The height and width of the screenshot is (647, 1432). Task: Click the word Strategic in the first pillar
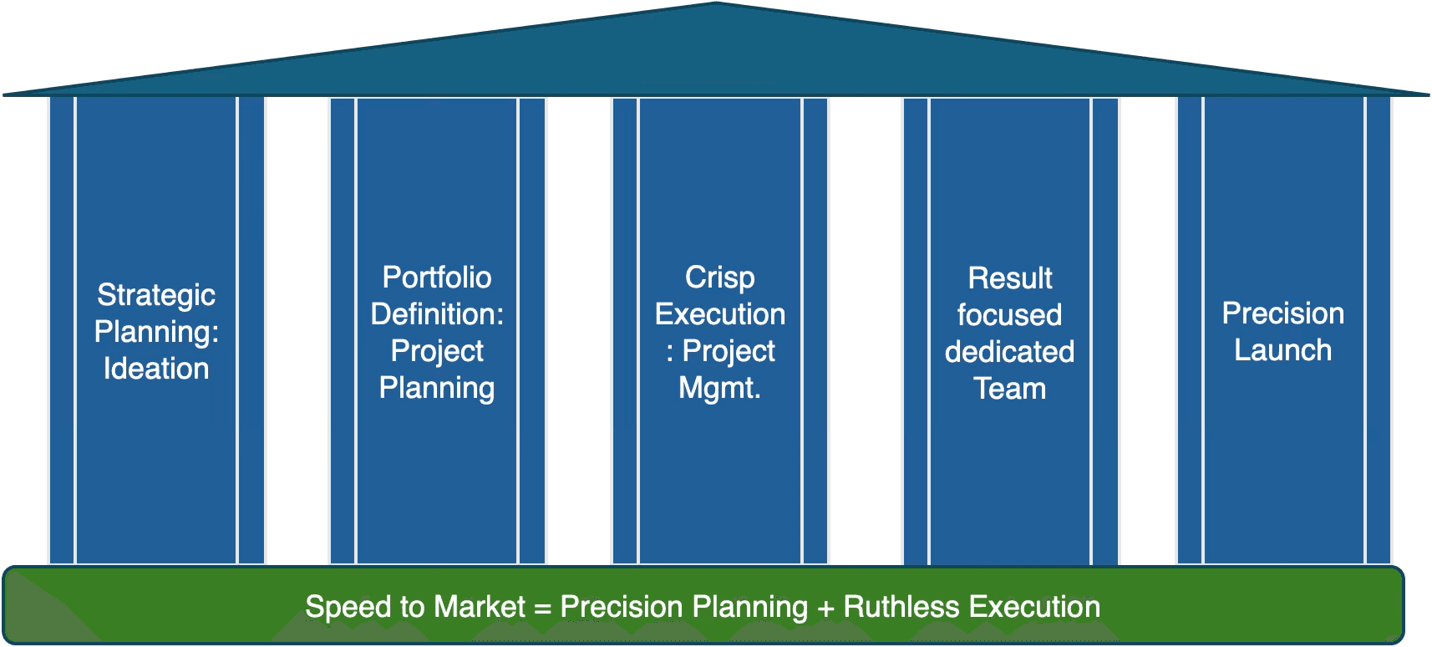156,295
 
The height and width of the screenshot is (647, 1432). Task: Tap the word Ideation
156,369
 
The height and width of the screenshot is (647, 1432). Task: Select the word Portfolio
437,278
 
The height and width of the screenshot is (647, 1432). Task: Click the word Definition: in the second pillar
437,314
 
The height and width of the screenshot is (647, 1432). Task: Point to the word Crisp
719,278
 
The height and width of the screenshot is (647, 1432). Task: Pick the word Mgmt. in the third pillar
719,388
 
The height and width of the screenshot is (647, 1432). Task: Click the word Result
1009,278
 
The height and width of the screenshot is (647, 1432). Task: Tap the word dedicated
1009,352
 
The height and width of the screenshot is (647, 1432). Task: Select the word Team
1009,389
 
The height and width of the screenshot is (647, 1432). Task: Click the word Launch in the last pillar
1282,350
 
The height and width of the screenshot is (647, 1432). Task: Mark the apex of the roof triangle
716,4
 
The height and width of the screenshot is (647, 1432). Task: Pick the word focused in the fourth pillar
1009,315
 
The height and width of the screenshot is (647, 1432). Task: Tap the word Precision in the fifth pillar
1282,313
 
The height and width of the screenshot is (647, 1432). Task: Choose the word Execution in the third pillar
719,314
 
